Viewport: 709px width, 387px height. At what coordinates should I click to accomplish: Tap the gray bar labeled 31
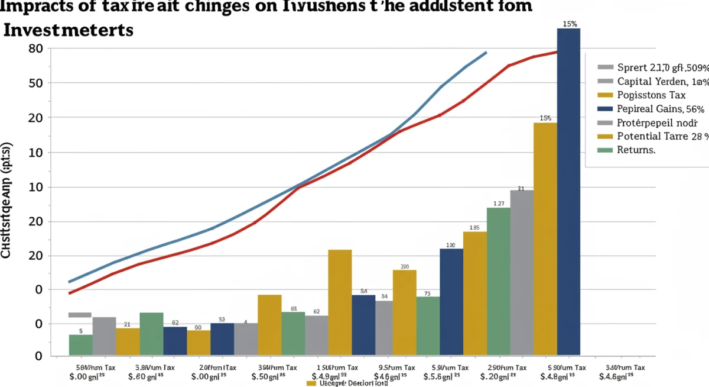point(521,272)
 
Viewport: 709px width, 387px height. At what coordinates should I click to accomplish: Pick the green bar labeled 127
point(498,280)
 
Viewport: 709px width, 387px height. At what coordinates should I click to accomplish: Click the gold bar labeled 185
point(474,292)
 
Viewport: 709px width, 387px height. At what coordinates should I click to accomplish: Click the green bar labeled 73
point(428,325)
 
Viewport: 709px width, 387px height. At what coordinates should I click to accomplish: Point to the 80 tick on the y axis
point(35,49)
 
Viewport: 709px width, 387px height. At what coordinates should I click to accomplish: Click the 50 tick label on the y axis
point(35,83)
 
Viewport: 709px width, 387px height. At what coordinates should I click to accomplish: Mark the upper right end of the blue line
point(486,52)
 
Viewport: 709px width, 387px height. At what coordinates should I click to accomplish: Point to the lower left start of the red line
point(70,293)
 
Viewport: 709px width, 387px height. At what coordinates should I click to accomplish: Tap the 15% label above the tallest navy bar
point(570,24)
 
